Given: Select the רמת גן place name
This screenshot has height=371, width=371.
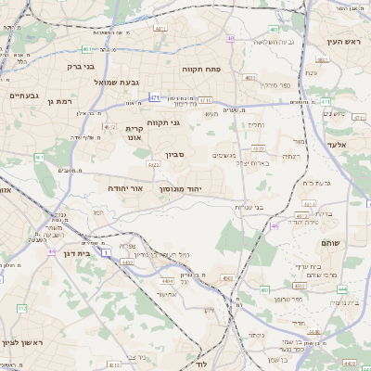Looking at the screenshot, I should pos(58,100).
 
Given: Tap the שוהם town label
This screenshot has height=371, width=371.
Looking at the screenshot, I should pos(329,242).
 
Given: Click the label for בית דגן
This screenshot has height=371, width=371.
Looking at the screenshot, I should pos(80,251).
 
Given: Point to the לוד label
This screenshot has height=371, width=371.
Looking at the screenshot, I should pos(201,365).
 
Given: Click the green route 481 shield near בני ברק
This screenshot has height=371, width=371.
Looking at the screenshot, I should pos(86,48).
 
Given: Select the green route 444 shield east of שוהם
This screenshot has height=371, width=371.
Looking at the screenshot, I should pos(343,289).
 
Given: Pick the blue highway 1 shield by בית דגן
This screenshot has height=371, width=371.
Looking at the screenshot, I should pos(107,252).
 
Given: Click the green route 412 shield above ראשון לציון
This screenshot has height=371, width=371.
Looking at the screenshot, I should pos(21,307).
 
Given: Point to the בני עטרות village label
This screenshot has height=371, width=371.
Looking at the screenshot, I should pos(248,207).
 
